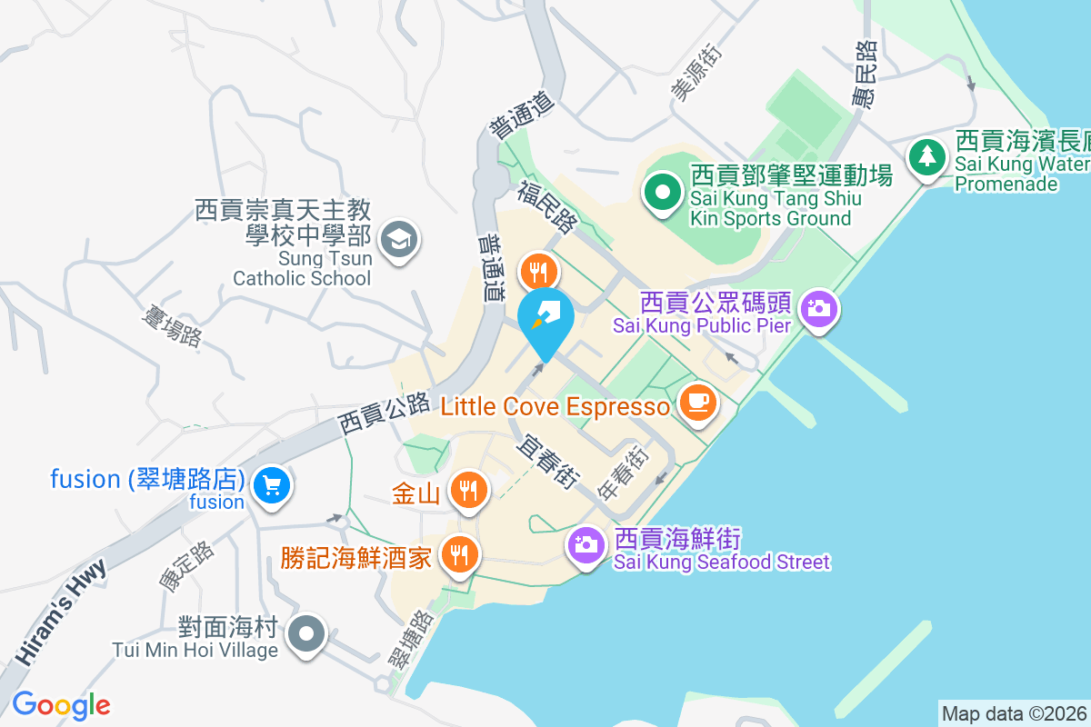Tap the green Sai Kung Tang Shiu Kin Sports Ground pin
point(663,192)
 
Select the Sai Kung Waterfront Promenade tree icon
point(926,156)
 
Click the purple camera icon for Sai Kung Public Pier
point(819,308)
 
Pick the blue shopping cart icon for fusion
point(271,485)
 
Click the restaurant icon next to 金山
point(468,491)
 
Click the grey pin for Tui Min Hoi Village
point(306,632)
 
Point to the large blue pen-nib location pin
point(545,319)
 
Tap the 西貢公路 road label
point(383,413)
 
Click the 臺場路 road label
point(173,324)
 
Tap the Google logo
point(61,704)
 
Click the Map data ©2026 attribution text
point(1014,713)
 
